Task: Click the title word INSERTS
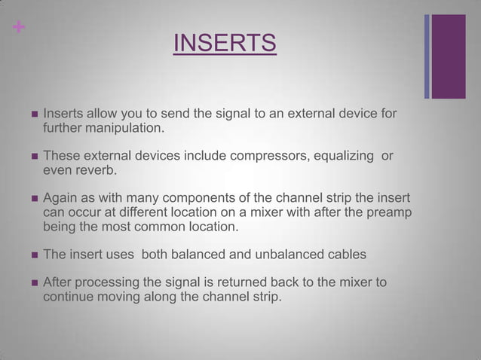(225, 43)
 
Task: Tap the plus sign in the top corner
(19, 27)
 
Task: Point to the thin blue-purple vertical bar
(427, 56)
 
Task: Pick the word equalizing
(343, 156)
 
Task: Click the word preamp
(389, 212)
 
